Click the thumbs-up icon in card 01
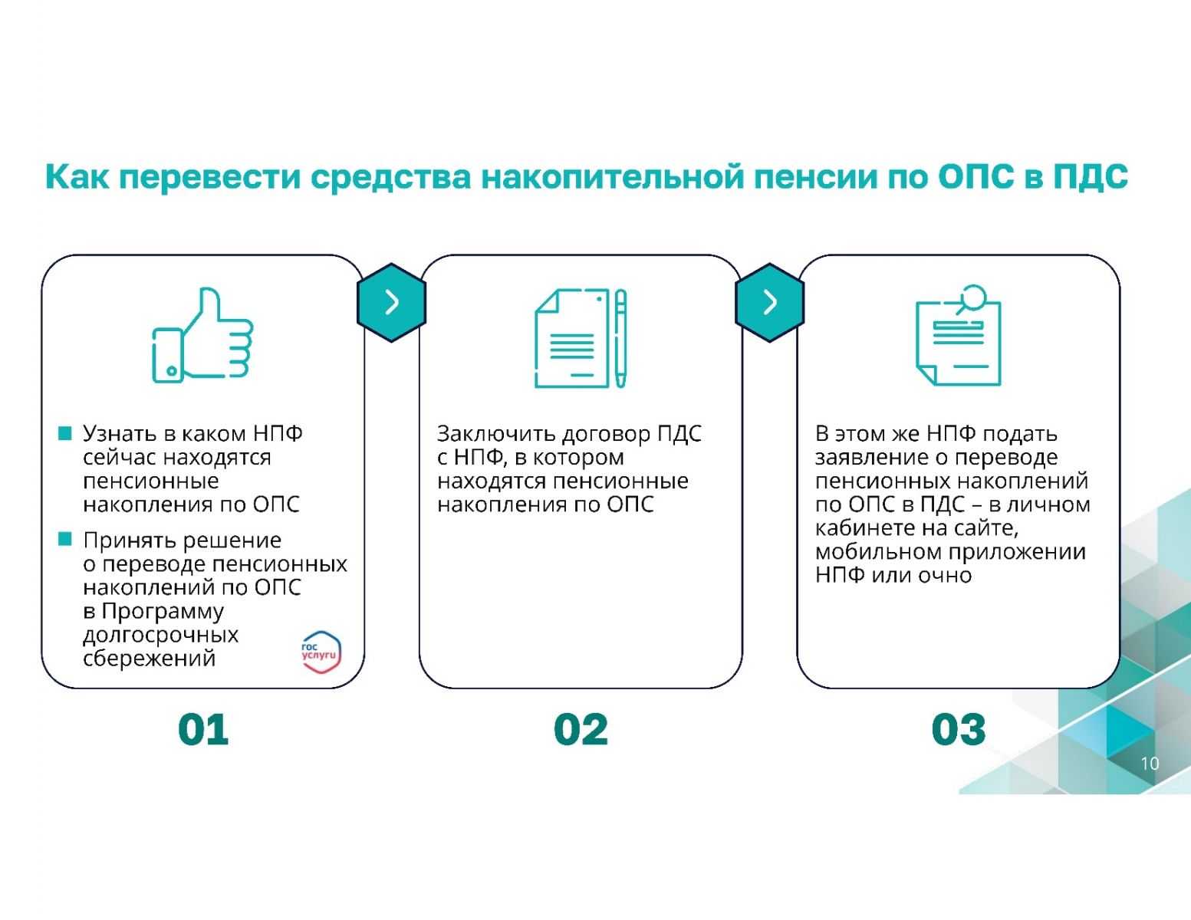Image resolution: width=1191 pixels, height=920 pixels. (x=202, y=335)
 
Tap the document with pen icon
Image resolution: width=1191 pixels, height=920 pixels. (x=581, y=338)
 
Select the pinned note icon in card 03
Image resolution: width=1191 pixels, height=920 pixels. (x=959, y=335)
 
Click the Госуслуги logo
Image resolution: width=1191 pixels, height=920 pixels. (x=321, y=652)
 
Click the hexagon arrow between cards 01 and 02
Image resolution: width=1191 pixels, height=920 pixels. (x=391, y=303)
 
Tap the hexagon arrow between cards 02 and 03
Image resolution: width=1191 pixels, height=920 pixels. (x=769, y=303)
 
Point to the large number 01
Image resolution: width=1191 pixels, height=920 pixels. (x=203, y=729)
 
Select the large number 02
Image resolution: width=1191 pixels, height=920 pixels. (x=581, y=729)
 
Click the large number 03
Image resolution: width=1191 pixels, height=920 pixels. (x=959, y=729)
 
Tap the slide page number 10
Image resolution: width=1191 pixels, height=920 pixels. (x=1150, y=764)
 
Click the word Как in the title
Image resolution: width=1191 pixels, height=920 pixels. (x=77, y=177)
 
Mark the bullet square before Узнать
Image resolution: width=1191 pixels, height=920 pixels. (x=65, y=433)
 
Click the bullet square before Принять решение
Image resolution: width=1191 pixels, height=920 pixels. (x=65, y=539)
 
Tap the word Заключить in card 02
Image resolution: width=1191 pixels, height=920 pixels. (x=497, y=434)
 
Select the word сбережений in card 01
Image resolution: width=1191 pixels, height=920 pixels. (x=149, y=658)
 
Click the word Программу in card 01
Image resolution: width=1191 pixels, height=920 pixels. (x=163, y=612)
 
